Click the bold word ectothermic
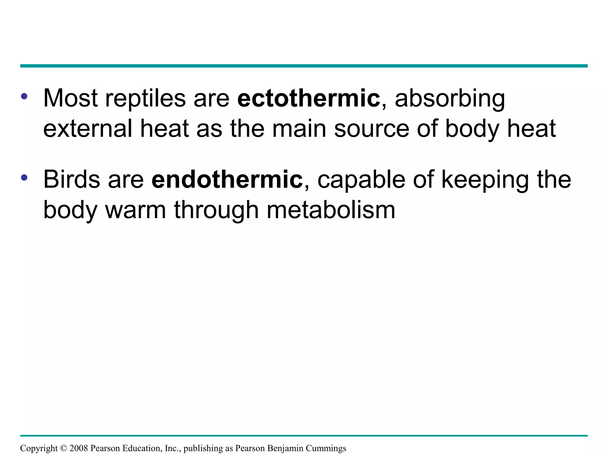308,99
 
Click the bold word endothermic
227,180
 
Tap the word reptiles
145,99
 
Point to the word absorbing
450,99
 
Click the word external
88,129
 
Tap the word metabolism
331,210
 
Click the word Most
70,99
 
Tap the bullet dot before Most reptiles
24,96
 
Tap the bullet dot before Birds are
24,177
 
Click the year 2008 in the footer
79,448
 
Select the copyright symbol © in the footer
63,448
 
